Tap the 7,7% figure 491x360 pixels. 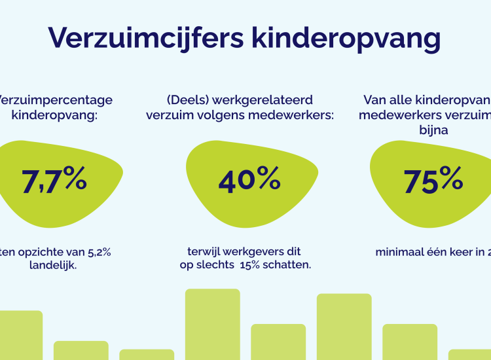pos(54,181)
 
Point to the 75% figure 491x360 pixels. pos(433,181)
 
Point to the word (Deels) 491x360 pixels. pos(186,100)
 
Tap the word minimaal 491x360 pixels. pos(400,252)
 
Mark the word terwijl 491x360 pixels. pos(205,251)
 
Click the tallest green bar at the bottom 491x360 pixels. pos(212,324)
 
